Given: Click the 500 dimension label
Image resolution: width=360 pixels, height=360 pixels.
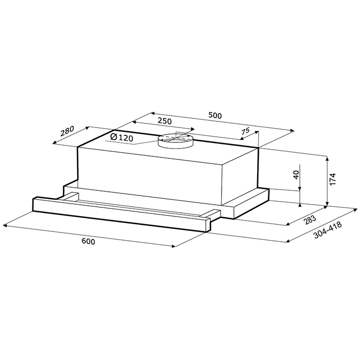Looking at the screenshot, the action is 215,115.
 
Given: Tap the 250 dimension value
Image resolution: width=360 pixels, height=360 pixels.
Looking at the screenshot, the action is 165,121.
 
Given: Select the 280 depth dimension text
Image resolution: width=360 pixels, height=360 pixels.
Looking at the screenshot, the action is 67,131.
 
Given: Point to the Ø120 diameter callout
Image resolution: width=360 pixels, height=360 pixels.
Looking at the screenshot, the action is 121,137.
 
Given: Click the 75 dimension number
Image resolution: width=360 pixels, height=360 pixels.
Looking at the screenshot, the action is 245,132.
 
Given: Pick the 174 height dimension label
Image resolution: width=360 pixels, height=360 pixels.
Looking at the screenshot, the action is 333,179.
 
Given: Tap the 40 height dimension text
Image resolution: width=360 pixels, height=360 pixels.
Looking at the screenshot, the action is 296,175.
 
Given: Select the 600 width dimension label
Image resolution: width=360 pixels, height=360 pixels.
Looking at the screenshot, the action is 88,241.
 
